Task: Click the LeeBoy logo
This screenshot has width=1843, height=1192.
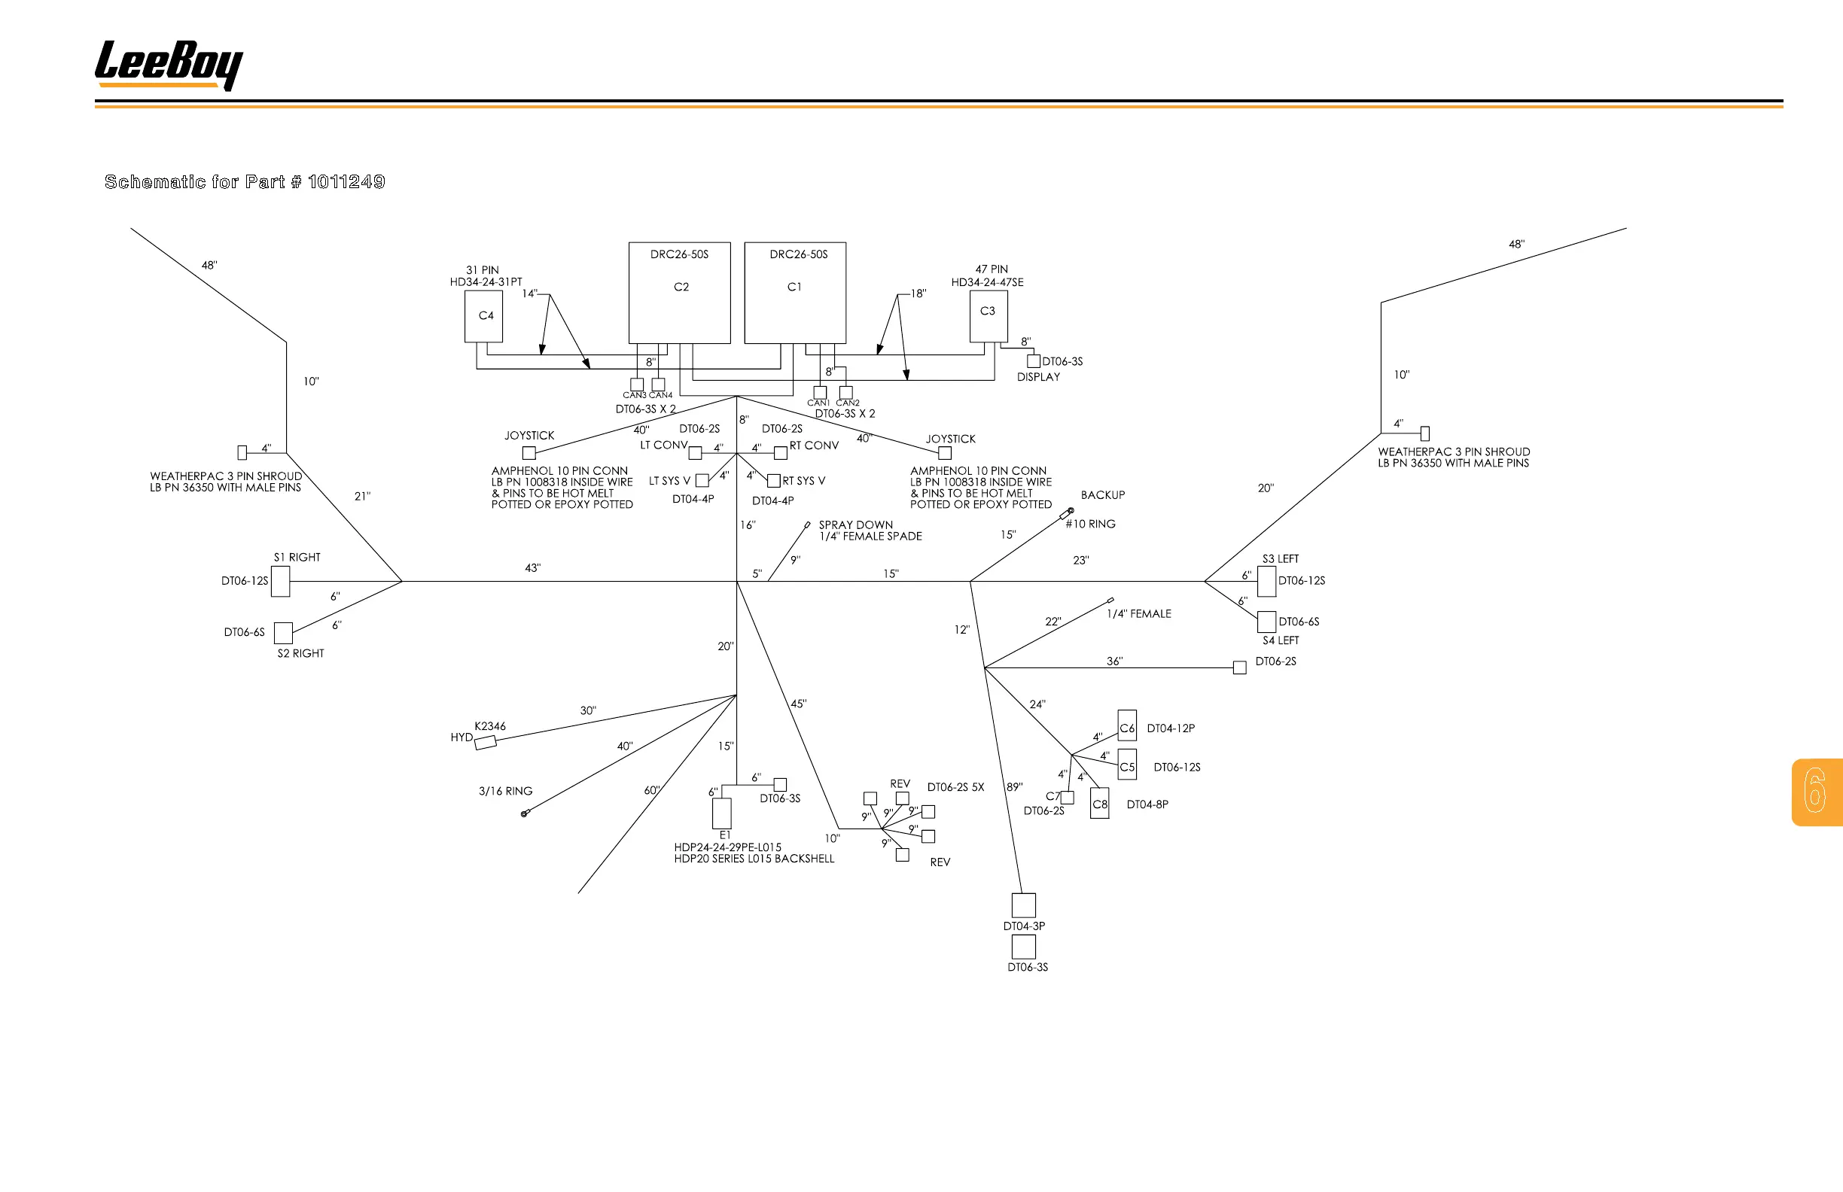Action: click(168, 64)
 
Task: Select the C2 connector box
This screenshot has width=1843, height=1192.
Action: click(679, 293)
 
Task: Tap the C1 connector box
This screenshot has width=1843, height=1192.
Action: click(794, 293)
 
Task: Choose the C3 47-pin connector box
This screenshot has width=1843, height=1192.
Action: click(988, 316)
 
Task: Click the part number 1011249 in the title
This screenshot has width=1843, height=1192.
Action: click(346, 182)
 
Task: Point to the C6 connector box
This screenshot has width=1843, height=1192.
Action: click(1127, 726)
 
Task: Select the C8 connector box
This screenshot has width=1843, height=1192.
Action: click(1100, 804)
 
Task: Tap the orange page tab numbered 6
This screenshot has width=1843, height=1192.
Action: click(1816, 791)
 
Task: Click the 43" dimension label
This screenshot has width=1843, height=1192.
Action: click(533, 568)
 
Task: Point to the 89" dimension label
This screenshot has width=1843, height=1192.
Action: click(1014, 787)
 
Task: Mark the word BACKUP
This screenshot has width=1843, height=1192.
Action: click(1103, 495)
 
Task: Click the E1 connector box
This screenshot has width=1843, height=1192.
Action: click(722, 813)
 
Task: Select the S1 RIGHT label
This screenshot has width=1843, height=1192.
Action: click(297, 558)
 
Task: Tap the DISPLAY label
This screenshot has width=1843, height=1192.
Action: click(1038, 377)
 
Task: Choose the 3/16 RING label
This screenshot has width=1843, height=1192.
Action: click(506, 791)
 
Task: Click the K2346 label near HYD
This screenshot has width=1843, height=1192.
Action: click(489, 726)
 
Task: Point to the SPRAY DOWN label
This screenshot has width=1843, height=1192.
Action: click(856, 525)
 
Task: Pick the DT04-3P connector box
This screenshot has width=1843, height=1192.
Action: click(1024, 905)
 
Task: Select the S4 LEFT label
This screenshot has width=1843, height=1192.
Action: click(1281, 640)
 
